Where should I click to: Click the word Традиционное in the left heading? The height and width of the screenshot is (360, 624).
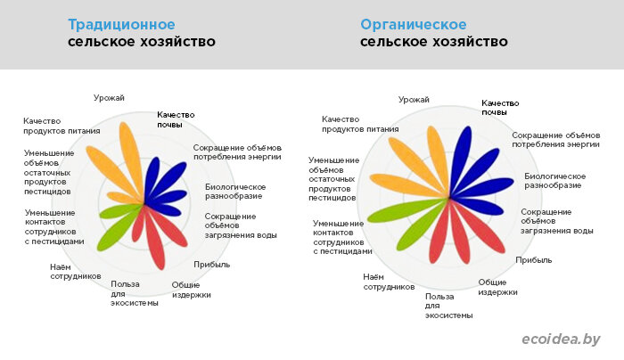click(121, 24)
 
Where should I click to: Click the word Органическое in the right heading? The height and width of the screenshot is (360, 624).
click(413, 24)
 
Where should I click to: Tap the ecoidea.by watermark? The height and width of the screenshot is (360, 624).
click(561, 340)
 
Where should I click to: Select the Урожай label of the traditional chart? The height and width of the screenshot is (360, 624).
click(109, 98)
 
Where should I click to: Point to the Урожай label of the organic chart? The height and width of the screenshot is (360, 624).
click(414, 100)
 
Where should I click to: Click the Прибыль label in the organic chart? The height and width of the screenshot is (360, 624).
click(534, 260)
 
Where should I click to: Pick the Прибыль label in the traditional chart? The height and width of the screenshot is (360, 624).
click(212, 265)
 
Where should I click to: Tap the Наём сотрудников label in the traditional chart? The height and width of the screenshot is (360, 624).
click(76, 272)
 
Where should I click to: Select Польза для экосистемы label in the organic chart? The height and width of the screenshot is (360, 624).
click(449, 306)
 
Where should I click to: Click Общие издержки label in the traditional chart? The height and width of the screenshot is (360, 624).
click(191, 290)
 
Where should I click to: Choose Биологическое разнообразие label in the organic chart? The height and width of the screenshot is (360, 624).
click(554, 181)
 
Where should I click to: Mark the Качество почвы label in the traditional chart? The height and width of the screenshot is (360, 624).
click(176, 119)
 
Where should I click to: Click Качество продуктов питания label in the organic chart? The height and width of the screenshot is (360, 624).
click(360, 124)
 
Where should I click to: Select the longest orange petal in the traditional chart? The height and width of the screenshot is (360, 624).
click(131, 160)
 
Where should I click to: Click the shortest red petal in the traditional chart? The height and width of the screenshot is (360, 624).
click(137, 225)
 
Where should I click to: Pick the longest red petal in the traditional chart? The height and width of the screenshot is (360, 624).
click(154, 238)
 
